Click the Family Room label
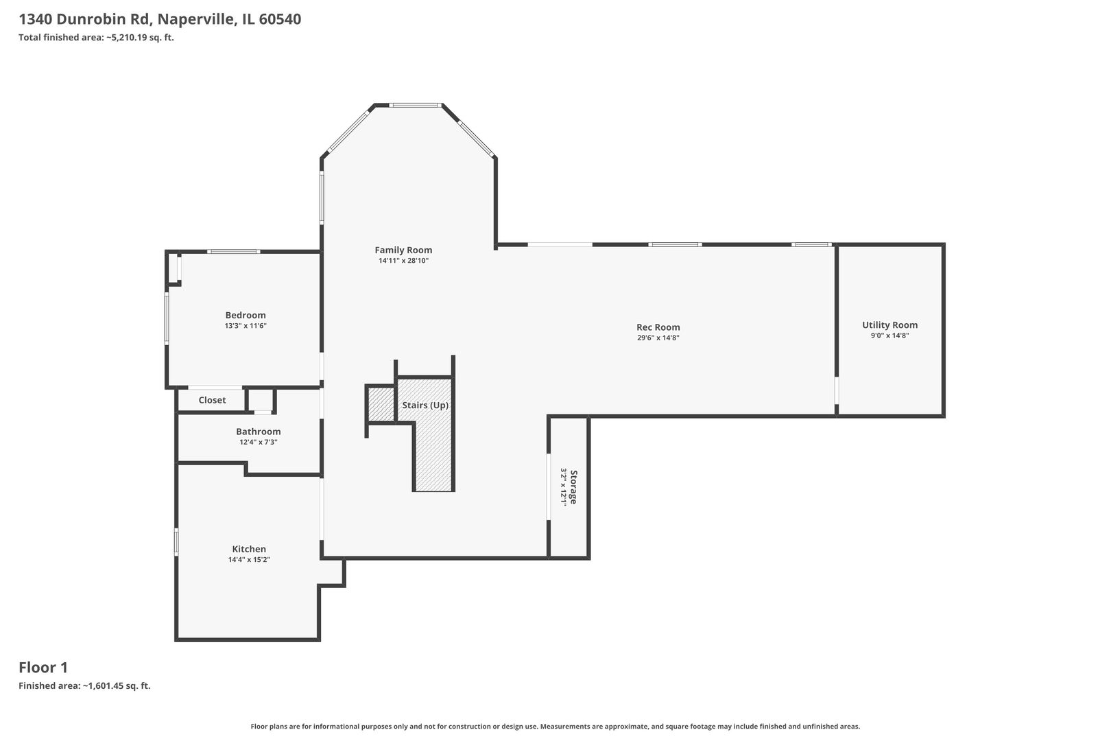coord(403,250)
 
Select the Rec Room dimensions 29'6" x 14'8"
coord(658,338)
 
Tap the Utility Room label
coord(889,325)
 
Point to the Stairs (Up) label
coord(425,405)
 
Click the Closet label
coord(213,400)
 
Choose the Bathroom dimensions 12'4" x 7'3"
coord(259,443)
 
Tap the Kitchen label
coord(249,549)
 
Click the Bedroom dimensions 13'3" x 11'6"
coord(246,326)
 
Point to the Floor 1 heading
coord(43,668)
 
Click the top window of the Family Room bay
coord(415,105)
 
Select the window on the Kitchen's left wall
coord(176,541)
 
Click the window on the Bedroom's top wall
coord(234,252)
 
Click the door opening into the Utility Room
coord(836,390)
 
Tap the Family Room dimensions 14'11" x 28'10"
coord(403,261)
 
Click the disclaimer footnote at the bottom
coord(555,727)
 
